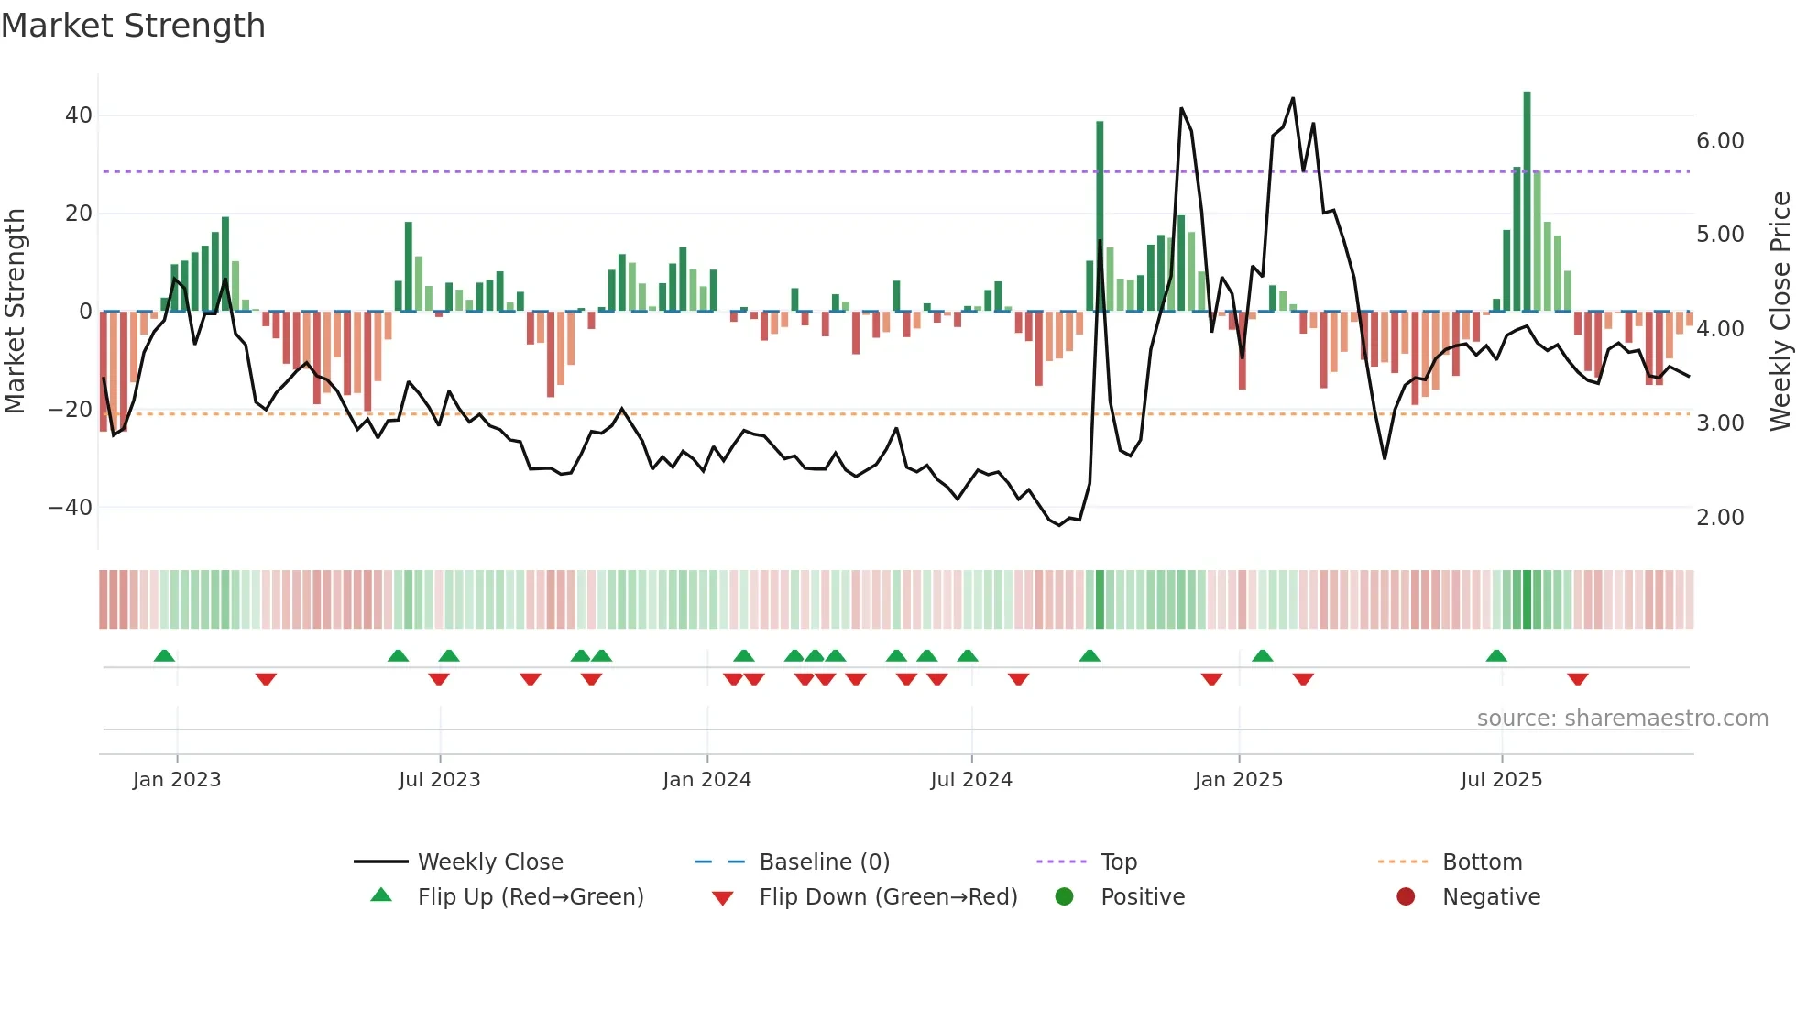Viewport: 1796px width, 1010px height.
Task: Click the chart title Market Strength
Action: (134, 26)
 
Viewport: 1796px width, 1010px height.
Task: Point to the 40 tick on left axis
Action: (79, 115)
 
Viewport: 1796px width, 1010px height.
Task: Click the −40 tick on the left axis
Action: (71, 508)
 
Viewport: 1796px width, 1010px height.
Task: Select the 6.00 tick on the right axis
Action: (1720, 141)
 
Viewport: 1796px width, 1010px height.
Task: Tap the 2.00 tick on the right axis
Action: (1720, 518)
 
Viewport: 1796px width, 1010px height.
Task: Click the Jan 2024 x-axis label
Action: (706, 780)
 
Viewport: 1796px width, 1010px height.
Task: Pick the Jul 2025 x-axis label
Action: (1501, 780)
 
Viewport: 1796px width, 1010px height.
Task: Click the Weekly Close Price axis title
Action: (1780, 312)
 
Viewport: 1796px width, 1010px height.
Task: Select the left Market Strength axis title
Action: (16, 312)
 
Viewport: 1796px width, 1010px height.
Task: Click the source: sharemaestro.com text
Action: (1622, 719)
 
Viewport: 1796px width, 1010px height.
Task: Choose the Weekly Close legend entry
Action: (490, 862)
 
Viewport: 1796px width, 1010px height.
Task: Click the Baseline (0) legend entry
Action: (824, 862)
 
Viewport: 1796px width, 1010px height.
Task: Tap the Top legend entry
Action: (1118, 862)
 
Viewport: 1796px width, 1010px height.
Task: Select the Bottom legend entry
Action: (1482, 862)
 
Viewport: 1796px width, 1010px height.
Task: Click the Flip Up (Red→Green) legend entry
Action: (530, 897)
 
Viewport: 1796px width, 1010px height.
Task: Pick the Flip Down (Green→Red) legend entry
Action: (887, 897)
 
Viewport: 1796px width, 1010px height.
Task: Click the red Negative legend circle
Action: (1406, 897)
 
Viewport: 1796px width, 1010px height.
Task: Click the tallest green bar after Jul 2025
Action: (1527, 202)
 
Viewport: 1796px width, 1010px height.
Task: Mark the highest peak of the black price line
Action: (1293, 98)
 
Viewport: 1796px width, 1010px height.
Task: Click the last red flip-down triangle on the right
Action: (1577, 679)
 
